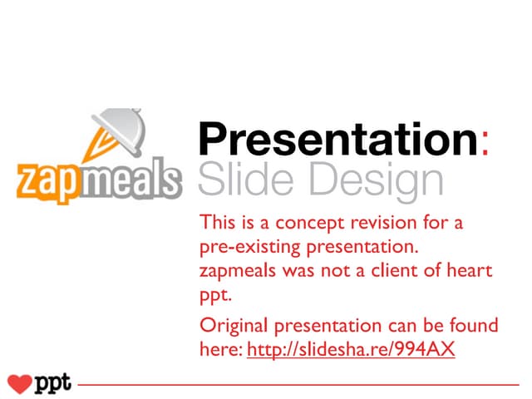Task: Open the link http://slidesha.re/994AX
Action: coord(351,350)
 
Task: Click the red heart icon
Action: coord(18,384)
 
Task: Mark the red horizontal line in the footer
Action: coord(299,386)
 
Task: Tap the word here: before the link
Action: coord(221,350)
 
